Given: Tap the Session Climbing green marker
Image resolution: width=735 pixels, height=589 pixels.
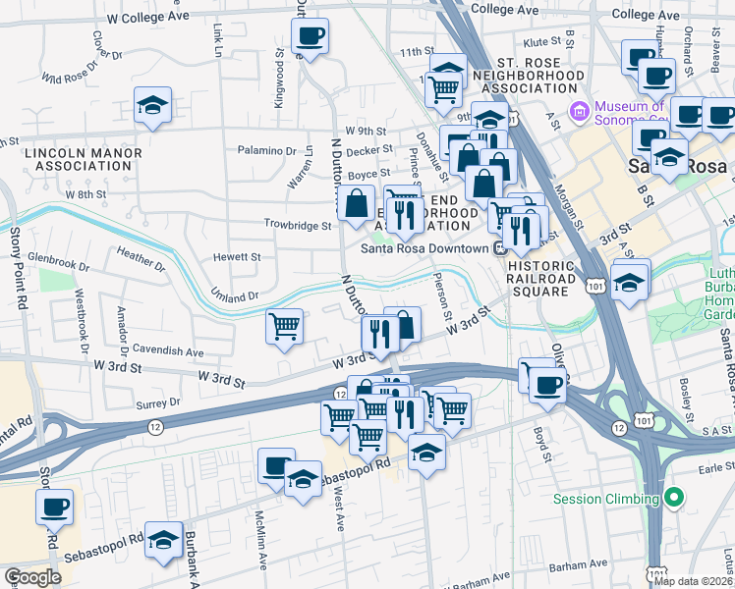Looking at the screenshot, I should [x=674, y=499].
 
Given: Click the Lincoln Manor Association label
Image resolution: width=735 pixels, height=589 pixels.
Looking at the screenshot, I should [x=79, y=160].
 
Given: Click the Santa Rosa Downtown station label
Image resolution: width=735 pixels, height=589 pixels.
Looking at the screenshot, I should [x=424, y=248].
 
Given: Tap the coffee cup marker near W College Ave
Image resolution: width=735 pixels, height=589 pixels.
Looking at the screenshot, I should [x=311, y=37].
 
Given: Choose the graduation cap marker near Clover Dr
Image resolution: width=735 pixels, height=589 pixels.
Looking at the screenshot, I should [x=153, y=106].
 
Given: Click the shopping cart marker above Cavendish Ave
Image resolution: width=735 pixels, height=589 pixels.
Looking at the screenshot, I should [x=285, y=326].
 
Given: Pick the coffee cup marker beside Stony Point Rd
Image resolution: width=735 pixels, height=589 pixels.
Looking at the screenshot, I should [x=55, y=509].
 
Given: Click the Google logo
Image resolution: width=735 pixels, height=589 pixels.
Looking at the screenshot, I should [x=32, y=577].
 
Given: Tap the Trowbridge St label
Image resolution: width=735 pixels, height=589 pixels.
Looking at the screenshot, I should [x=298, y=225].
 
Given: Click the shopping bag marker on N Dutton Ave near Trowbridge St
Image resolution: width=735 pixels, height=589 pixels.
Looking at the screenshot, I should [x=356, y=203].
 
